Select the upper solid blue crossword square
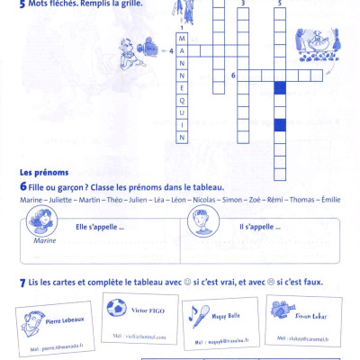[280, 88]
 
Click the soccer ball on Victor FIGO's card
[115, 309]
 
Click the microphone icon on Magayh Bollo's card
[194, 312]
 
